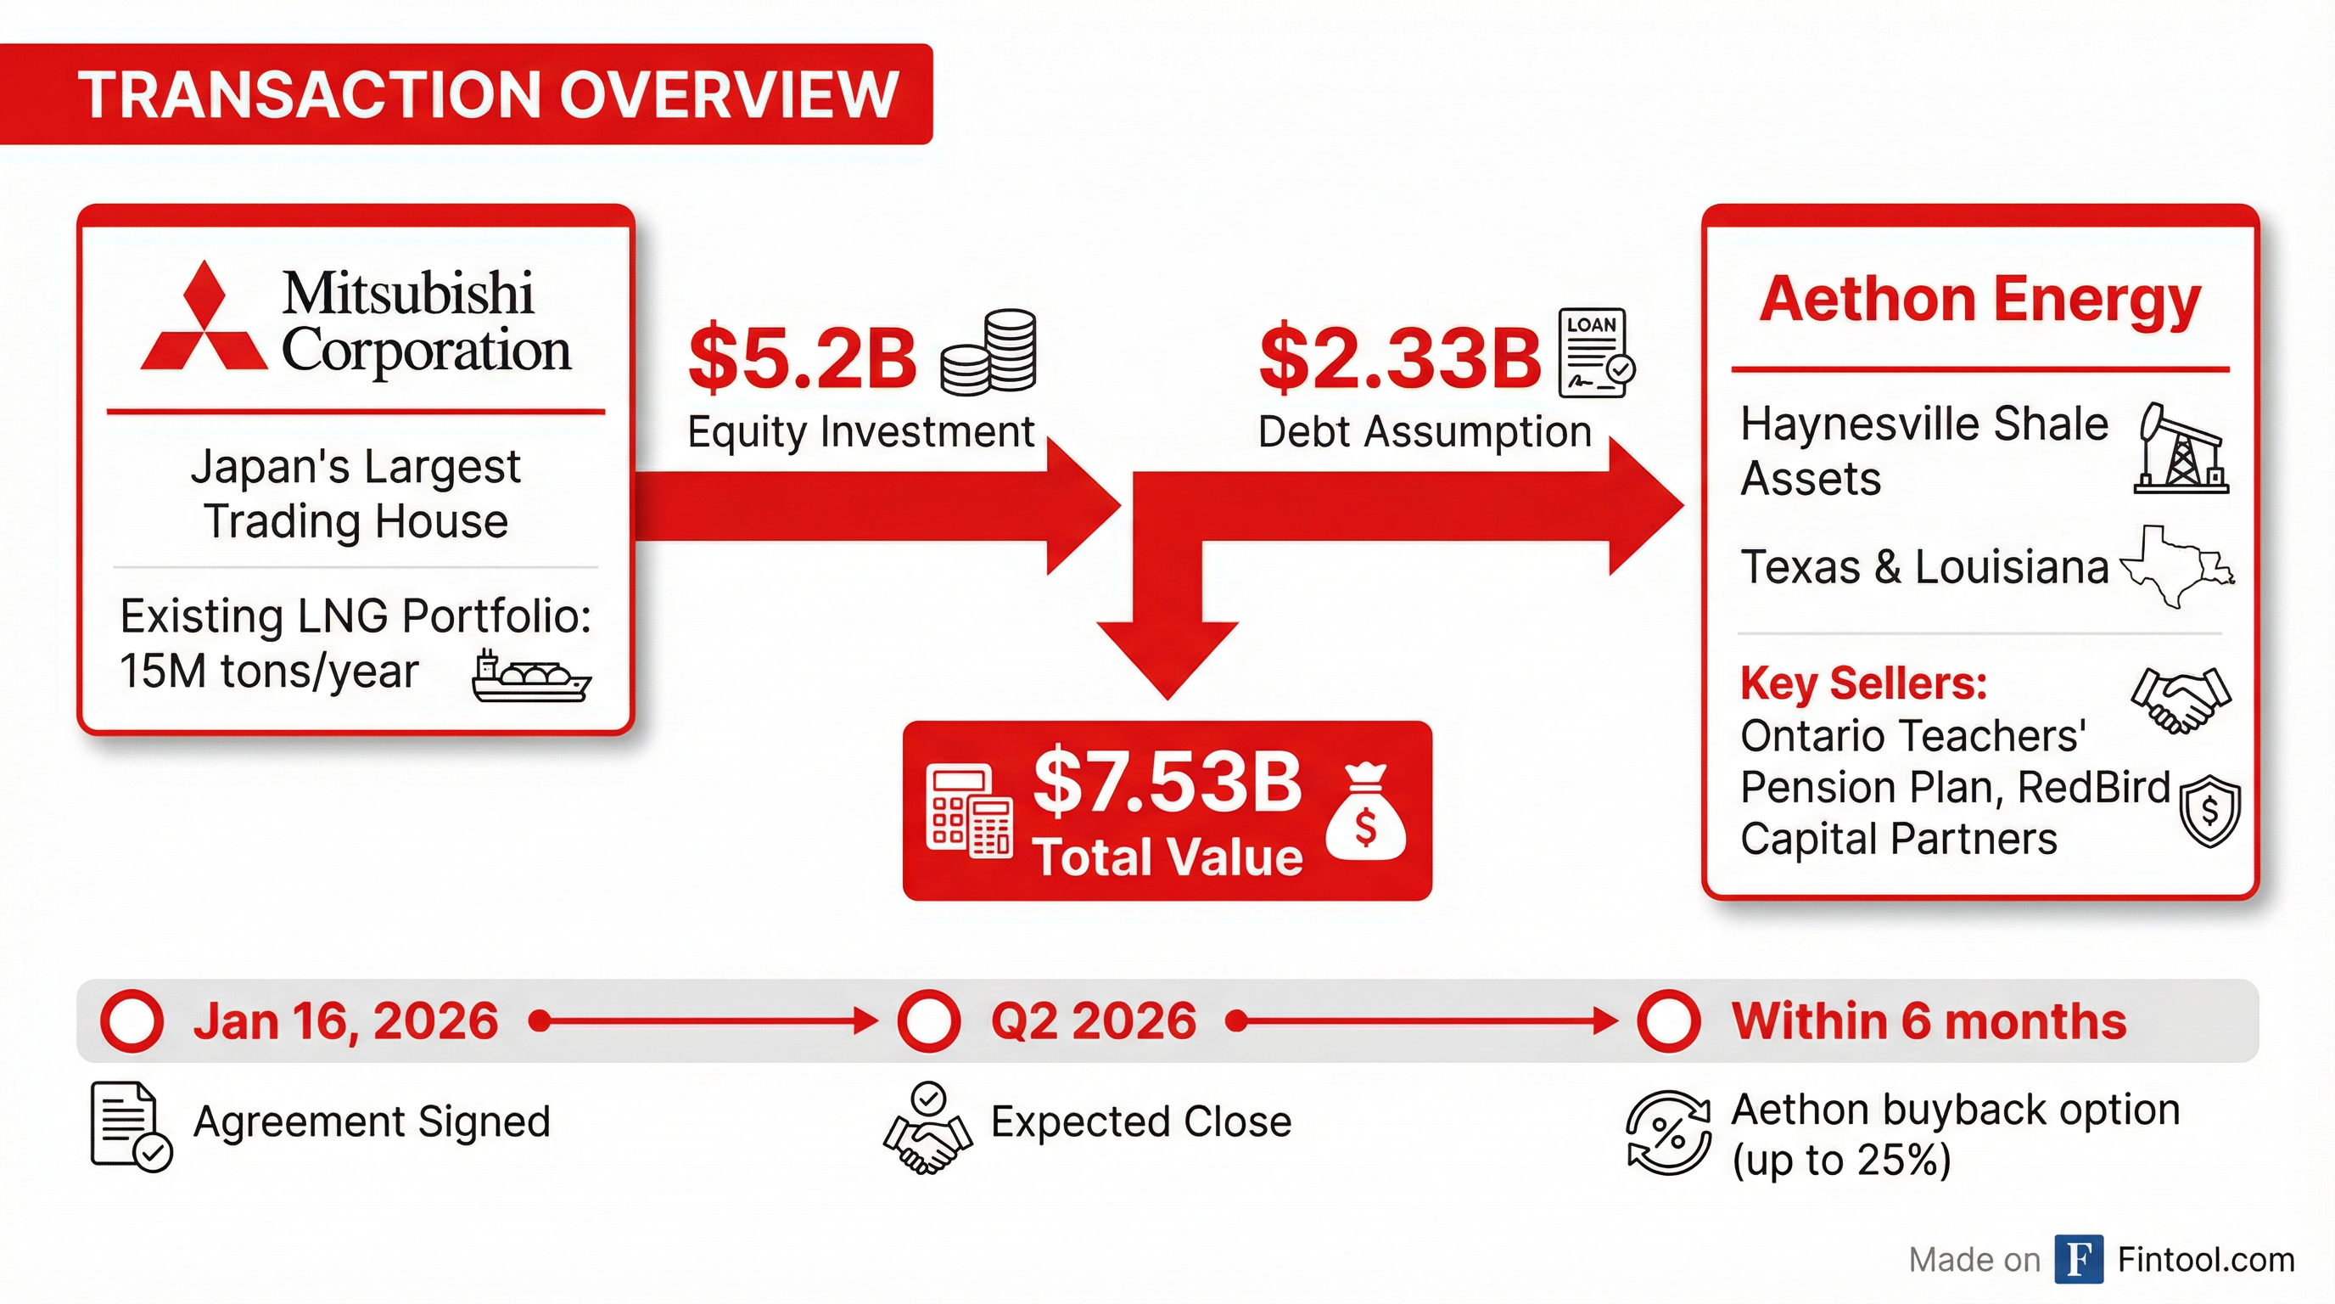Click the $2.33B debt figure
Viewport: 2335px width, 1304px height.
[1399, 357]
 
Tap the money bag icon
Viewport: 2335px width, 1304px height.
[1365, 811]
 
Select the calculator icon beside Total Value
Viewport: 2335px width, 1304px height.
[969, 811]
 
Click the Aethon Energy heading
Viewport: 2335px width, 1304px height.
[1980, 301]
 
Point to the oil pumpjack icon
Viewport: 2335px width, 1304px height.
[2180, 448]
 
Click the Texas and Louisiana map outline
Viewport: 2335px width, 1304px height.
[2177, 567]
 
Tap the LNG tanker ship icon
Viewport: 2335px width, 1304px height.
[531, 677]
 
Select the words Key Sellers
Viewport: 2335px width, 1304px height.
[1863, 683]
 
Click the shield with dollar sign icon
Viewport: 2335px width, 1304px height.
[2210, 811]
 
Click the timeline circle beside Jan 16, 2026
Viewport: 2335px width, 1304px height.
[132, 1021]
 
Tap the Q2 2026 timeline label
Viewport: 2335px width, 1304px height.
[1094, 1021]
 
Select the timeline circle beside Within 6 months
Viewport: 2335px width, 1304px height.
[1669, 1021]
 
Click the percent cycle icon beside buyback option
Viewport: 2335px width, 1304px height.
[1669, 1133]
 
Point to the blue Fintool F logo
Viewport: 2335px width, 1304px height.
[2080, 1260]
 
